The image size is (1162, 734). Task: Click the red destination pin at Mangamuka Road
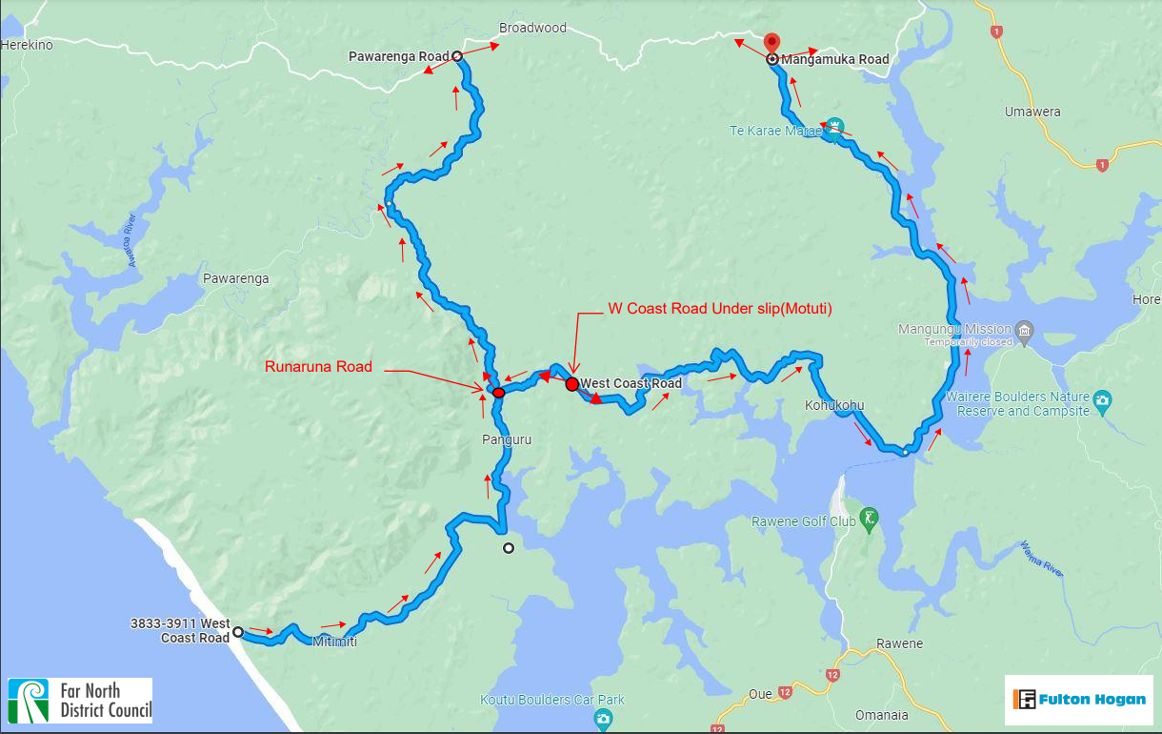pos(771,43)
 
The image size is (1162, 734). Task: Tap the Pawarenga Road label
pos(397,57)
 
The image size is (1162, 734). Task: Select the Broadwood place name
pos(533,28)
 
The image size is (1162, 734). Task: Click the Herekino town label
pos(27,45)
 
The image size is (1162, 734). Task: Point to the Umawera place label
pos(1032,112)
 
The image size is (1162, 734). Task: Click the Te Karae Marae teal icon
pos(835,127)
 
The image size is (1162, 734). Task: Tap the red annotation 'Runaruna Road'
pos(319,366)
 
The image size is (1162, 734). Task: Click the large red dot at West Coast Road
pos(571,384)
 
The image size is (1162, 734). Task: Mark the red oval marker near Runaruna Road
pos(498,392)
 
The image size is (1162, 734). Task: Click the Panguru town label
pos(506,439)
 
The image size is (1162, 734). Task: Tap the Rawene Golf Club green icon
pos(869,520)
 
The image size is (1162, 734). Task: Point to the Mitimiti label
pos(334,642)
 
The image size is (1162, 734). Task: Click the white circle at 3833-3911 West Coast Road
pos(238,631)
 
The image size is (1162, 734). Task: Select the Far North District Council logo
pos(80,701)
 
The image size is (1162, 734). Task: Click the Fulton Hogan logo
pos(1080,700)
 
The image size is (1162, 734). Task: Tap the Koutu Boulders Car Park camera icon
pos(602,718)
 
